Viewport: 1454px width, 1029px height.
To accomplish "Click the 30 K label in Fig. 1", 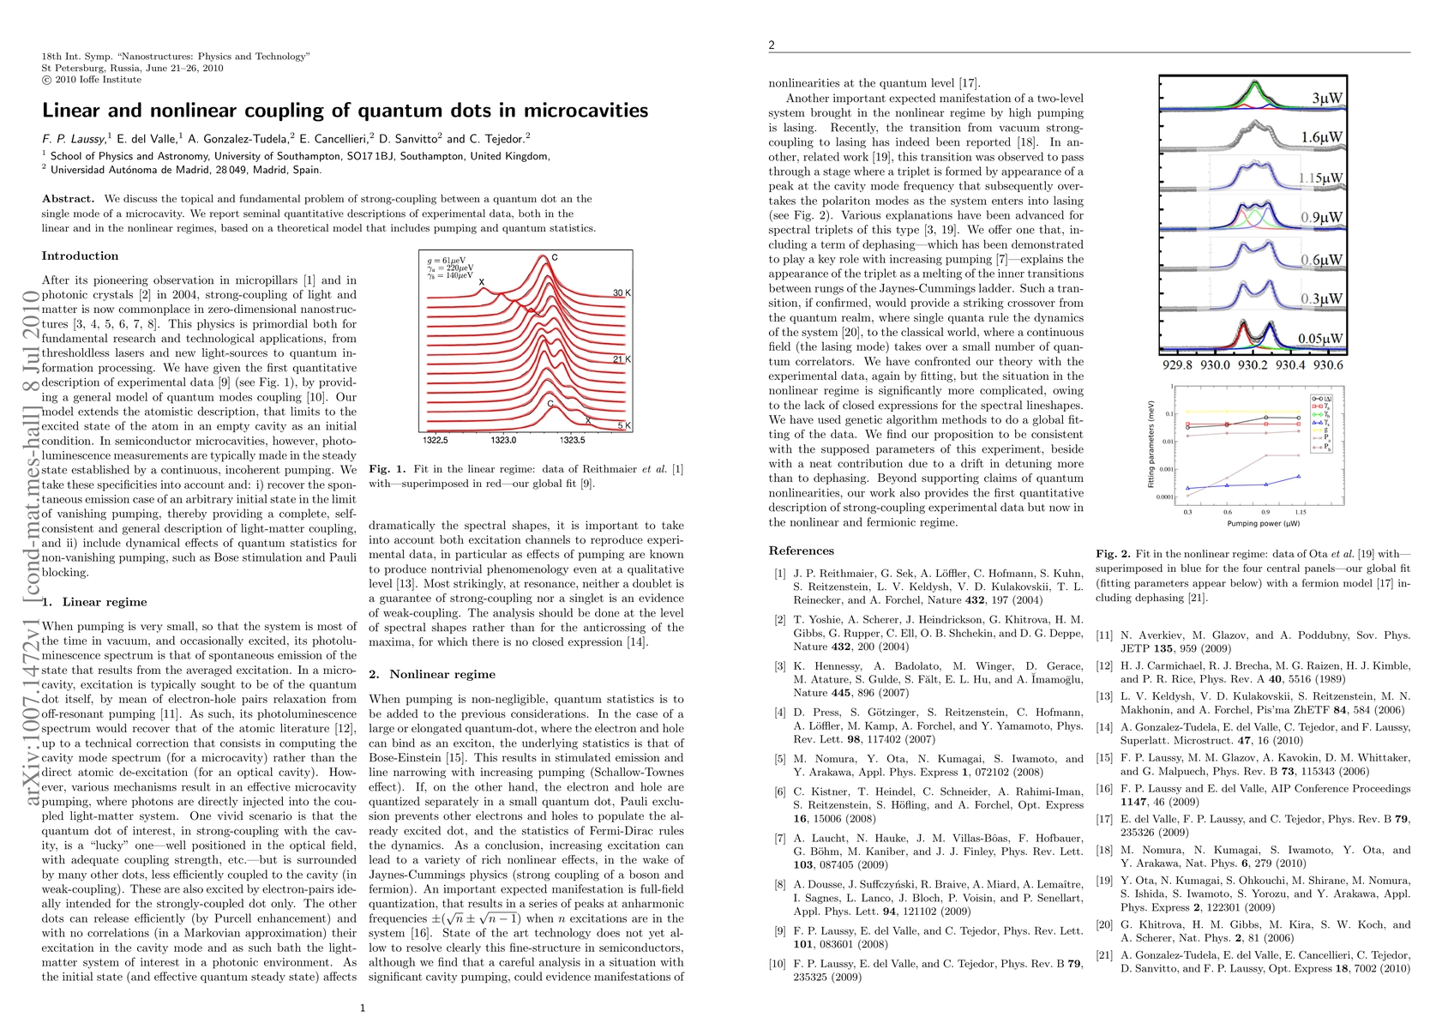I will click(622, 293).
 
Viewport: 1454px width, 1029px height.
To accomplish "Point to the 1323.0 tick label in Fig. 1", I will click(503, 440).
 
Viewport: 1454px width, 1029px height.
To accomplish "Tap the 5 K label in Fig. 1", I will click(624, 426).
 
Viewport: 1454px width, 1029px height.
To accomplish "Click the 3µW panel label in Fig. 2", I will click(1326, 99).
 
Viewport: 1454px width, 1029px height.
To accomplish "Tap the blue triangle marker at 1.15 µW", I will click(1299, 476).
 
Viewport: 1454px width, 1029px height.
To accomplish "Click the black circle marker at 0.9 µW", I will click(1265, 418).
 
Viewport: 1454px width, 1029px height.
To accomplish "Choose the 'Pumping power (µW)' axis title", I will click(1243, 523).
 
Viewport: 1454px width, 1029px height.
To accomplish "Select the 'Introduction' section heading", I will click(80, 256).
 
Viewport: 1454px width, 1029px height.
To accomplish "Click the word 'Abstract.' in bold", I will click(68, 199).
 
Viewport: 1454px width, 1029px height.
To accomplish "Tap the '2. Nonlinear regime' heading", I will click(432, 675).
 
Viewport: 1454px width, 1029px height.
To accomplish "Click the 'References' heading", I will click(801, 551).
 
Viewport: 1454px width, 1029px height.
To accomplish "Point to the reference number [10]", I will click(777, 964).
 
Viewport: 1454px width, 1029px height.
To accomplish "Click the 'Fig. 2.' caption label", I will click(1114, 555).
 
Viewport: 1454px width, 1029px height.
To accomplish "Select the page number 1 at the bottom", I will click(363, 1008).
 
